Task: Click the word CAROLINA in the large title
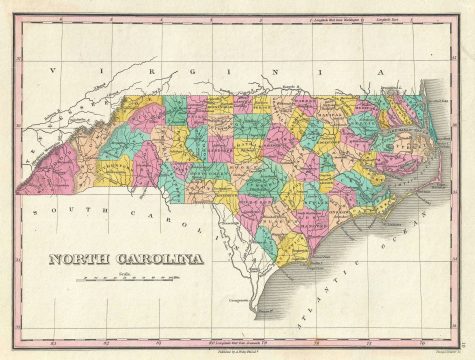[x=155, y=260]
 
